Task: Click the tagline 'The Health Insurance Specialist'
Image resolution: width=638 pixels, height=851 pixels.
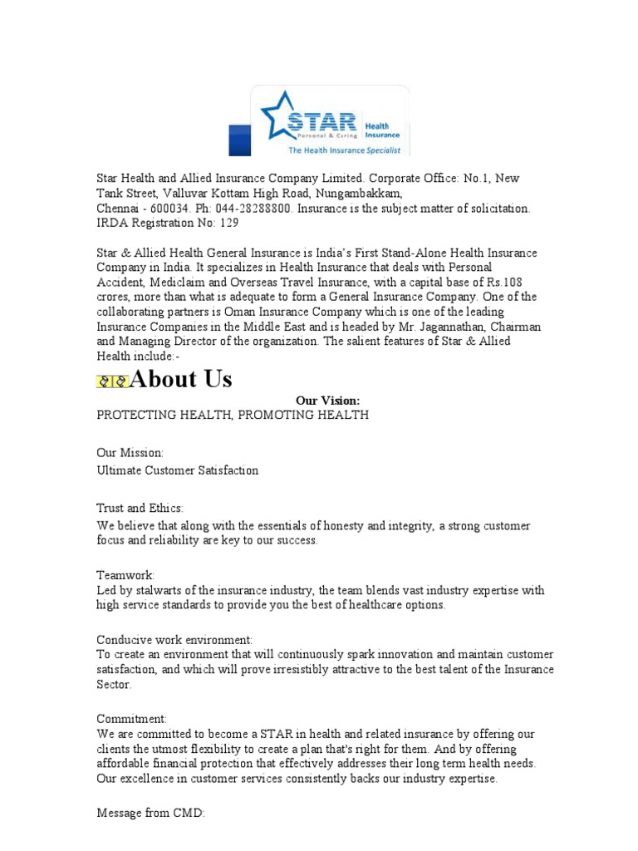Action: pyautogui.click(x=344, y=150)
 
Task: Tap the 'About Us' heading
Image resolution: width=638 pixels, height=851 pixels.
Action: pyautogui.click(x=181, y=380)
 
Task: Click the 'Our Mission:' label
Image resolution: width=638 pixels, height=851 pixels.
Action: pyautogui.click(x=130, y=453)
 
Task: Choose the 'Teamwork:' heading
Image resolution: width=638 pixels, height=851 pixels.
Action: pyautogui.click(x=125, y=575)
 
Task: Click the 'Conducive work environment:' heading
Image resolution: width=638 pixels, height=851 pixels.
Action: pyautogui.click(x=175, y=640)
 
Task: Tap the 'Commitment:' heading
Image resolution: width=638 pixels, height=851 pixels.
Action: pyautogui.click(x=132, y=719)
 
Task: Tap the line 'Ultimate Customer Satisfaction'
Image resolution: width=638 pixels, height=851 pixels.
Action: pyautogui.click(x=178, y=470)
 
